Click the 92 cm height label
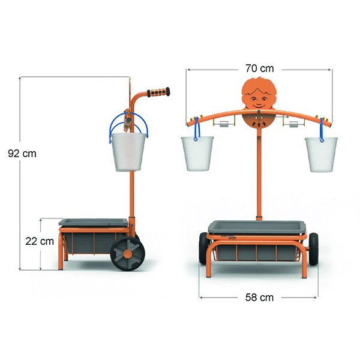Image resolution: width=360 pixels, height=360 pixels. coord(22,154)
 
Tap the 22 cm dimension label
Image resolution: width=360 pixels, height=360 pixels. coord(40,241)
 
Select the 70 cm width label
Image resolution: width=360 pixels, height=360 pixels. coord(260,68)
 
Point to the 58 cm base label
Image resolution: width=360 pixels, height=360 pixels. coord(259,298)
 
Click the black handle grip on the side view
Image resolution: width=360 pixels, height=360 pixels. coord(158,92)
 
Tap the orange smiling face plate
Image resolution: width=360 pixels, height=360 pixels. coord(259,94)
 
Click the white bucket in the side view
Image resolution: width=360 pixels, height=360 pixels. coord(128,152)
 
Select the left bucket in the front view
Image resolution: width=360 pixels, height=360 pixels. coord(197,154)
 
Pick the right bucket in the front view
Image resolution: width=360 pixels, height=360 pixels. coord(321,155)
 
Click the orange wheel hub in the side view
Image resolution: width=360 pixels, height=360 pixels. coord(128,254)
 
